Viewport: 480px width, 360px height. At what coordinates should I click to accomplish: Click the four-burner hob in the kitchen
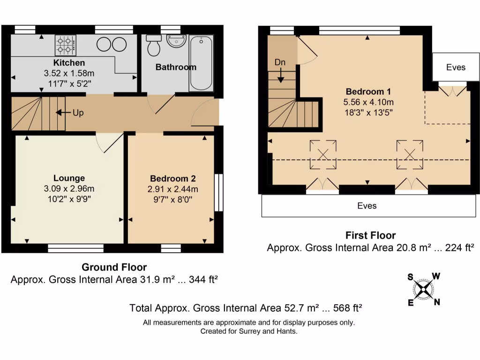[x=66, y=45]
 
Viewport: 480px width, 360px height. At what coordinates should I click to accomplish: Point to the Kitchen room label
[x=69, y=63]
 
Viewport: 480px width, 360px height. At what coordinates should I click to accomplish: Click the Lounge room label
[x=69, y=178]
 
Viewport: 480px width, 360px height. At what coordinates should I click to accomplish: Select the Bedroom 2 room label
[x=172, y=179]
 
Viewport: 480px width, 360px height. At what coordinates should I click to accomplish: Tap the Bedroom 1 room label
[x=368, y=91]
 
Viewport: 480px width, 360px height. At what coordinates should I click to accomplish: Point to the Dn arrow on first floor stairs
[x=280, y=75]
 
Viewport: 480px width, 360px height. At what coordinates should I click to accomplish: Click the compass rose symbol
[x=424, y=289]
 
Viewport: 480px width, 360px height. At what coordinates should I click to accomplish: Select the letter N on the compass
[x=437, y=302]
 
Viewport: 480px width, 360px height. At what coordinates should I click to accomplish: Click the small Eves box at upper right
[x=456, y=67]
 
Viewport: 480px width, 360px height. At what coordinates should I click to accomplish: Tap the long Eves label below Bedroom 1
[x=367, y=206]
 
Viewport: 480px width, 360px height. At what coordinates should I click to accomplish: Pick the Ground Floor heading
[x=114, y=267]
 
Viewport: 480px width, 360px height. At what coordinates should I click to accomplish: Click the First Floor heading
[x=370, y=235]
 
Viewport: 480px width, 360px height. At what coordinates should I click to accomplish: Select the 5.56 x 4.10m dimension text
[x=368, y=102]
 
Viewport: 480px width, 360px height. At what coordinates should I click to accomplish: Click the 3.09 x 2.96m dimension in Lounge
[x=69, y=188]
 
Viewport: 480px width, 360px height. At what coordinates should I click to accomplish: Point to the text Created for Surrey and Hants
[x=249, y=331]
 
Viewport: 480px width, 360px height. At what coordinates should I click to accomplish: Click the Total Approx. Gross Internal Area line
[x=247, y=308]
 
